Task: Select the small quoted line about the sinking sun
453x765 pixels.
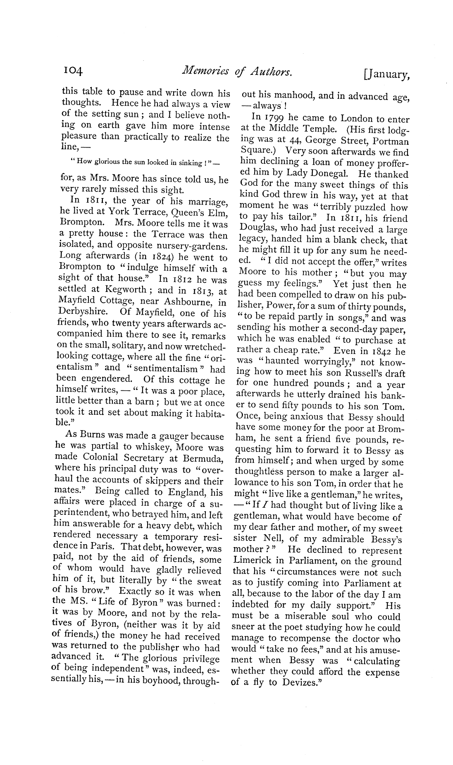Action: tap(143, 163)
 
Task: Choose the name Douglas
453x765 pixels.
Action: tap(258, 229)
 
